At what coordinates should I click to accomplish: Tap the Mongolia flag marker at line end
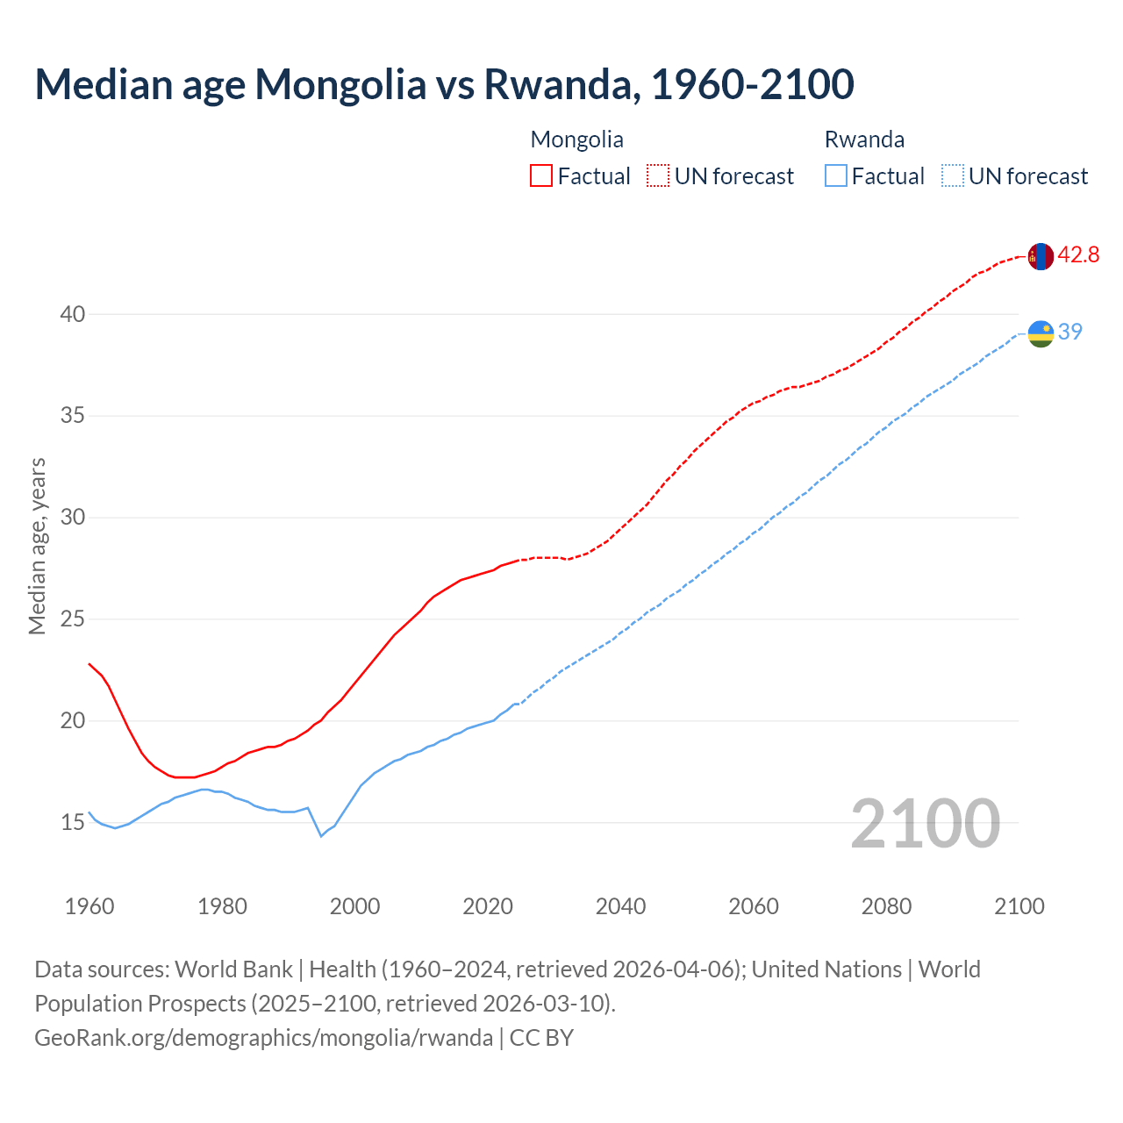pyautogui.click(x=1040, y=256)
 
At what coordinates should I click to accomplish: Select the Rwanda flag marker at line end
pyautogui.click(x=1040, y=333)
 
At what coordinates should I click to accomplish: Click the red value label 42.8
pyautogui.click(x=1078, y=255)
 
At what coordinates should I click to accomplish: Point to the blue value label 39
pyautogui.click(x=1070, y=332)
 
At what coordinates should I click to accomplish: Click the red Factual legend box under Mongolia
pyautogui.click(x=541, y=176)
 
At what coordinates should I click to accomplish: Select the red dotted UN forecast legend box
pyautogui.click(x=658, y=176)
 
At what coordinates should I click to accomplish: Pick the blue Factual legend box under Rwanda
pyautogui.click(x=836, y=176)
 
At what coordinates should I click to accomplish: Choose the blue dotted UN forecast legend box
pyautogui.click(x=952, y=176)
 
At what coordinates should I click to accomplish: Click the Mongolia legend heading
pyautogui.click(x=576, y=139)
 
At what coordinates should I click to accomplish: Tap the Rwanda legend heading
pyautogui.click(x=864, y=139)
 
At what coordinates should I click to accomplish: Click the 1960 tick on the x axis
pyautogui.click(x=89, y=906)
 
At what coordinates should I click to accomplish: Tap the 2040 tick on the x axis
pyautogui.click(x=620, y=906)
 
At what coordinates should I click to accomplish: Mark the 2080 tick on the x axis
pyautogui.click(x=886, y=906)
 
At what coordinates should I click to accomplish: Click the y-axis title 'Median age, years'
pyautogui.click(x=37, y=546)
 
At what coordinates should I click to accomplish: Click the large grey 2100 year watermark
pyautogui.click(x=925, y=824)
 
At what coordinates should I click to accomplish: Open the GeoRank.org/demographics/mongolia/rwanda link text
pyautogui.click(x=263, y=1038)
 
